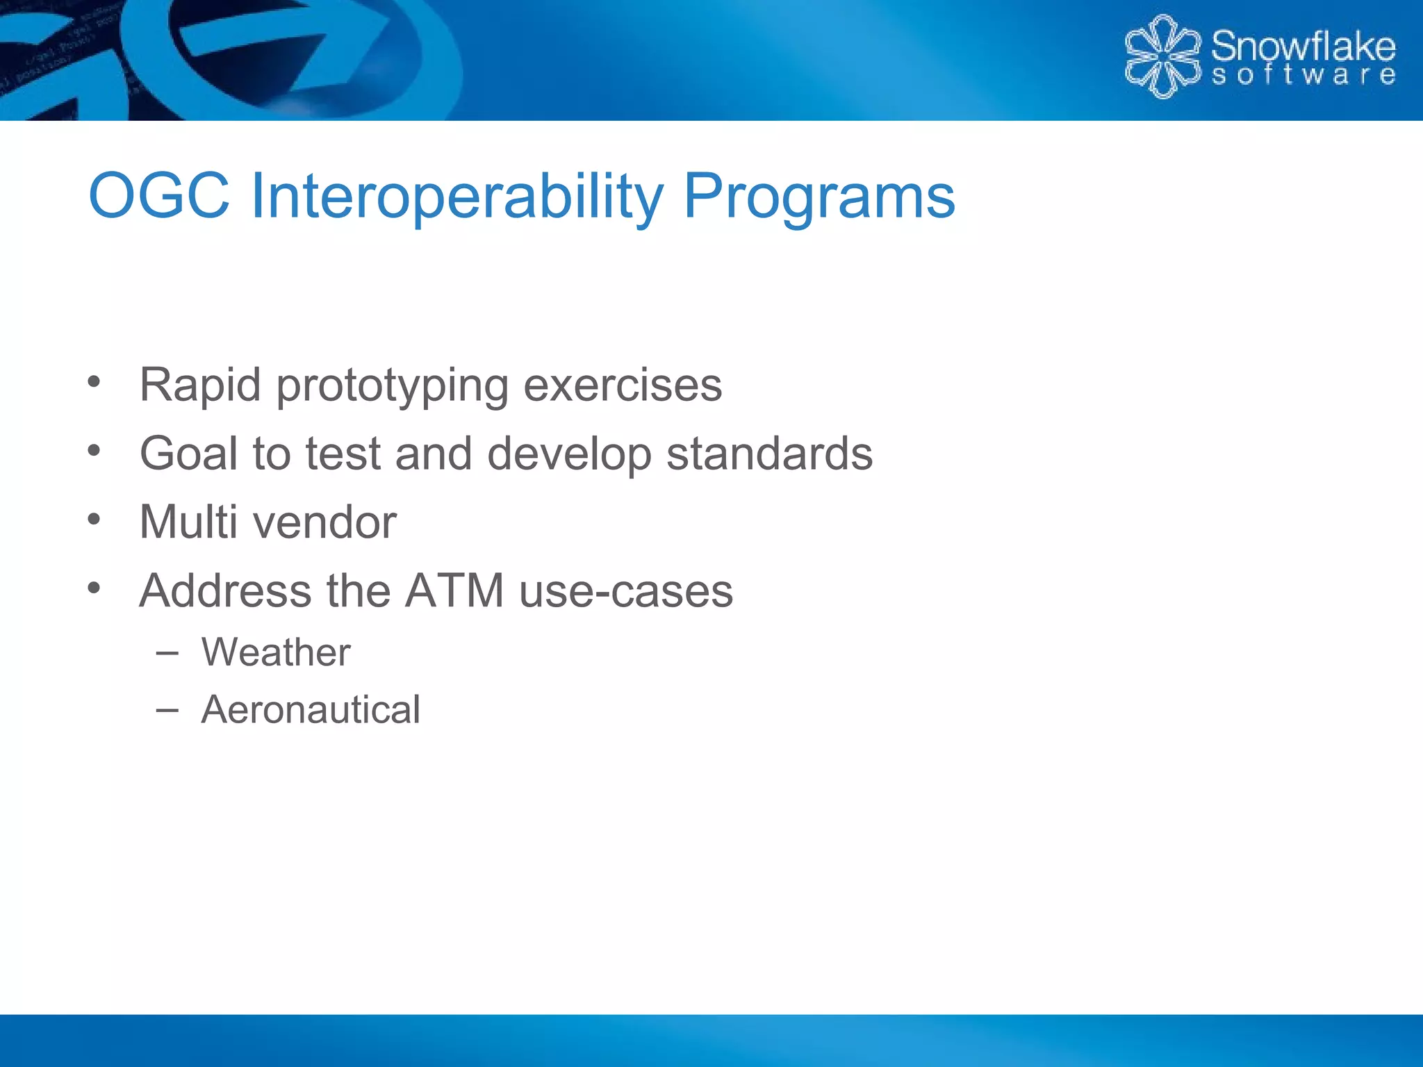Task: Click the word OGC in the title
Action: (159, 197)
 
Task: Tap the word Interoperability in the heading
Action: (456, 197)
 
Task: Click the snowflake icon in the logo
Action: (1162, 56)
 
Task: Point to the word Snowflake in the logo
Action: (1303, 46)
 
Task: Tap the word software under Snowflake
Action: (1303, 75)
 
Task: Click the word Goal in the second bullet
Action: (188, 454)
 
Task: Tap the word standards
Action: (769, 454)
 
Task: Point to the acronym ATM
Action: (454, 591)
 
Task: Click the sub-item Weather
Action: (276, 652)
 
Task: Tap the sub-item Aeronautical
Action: (311, 710)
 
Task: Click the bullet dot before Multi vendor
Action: (94, 519)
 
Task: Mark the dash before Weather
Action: (167, 653)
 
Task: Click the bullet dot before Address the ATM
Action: (94, 588)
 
